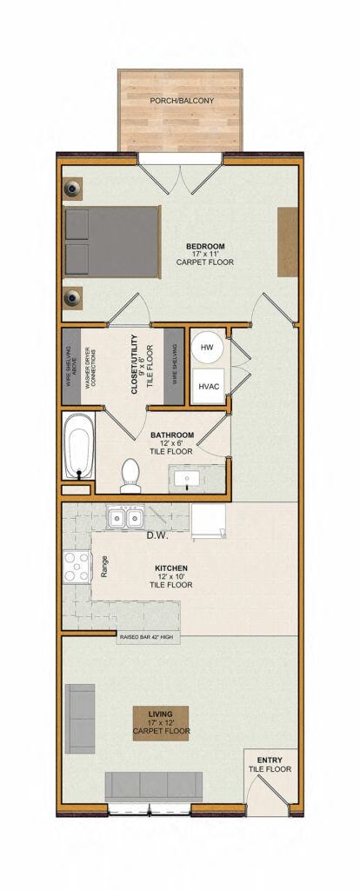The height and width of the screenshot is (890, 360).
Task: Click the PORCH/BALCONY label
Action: click(182, 101)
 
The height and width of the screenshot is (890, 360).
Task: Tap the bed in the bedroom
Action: click(111, 243)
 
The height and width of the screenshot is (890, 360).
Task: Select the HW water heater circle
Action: click(207, 349)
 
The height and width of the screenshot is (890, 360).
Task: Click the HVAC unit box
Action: click(207, 386)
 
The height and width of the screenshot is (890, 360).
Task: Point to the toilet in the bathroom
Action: click(130, 474)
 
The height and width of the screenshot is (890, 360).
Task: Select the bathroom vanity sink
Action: click(188, 478)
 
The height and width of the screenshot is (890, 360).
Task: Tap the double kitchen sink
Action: click(125, 519)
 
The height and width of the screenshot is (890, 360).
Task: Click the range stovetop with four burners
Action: click(77, 568)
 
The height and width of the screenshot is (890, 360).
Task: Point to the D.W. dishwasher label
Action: click(157, 535)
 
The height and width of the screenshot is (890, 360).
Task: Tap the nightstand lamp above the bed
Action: click(71, 189)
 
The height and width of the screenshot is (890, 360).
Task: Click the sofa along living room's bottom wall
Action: click(153, 787)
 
